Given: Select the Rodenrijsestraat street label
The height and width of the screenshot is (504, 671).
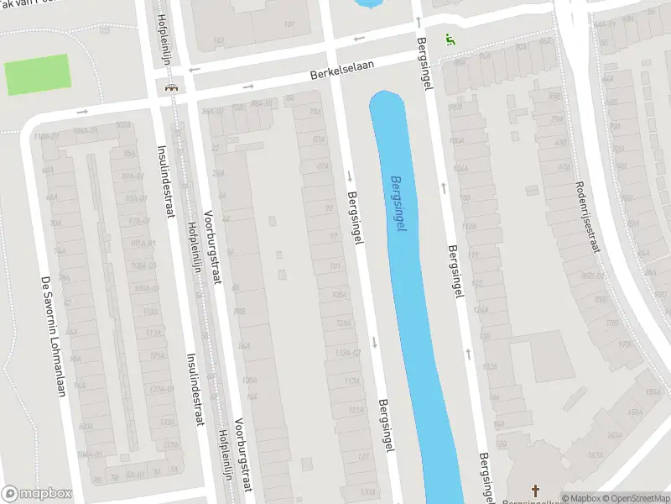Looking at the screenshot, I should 588,220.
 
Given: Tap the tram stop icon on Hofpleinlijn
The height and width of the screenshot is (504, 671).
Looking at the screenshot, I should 171,87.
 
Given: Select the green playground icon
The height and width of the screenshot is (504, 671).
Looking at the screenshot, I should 450,39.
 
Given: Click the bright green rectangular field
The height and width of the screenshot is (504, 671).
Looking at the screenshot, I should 37,75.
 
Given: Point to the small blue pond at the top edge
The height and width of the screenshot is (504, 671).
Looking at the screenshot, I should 367,3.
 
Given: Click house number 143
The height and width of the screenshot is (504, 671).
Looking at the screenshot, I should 219,39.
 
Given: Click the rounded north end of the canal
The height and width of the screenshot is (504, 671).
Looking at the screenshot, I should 388,98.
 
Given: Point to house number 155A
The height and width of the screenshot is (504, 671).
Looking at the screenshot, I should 653,391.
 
